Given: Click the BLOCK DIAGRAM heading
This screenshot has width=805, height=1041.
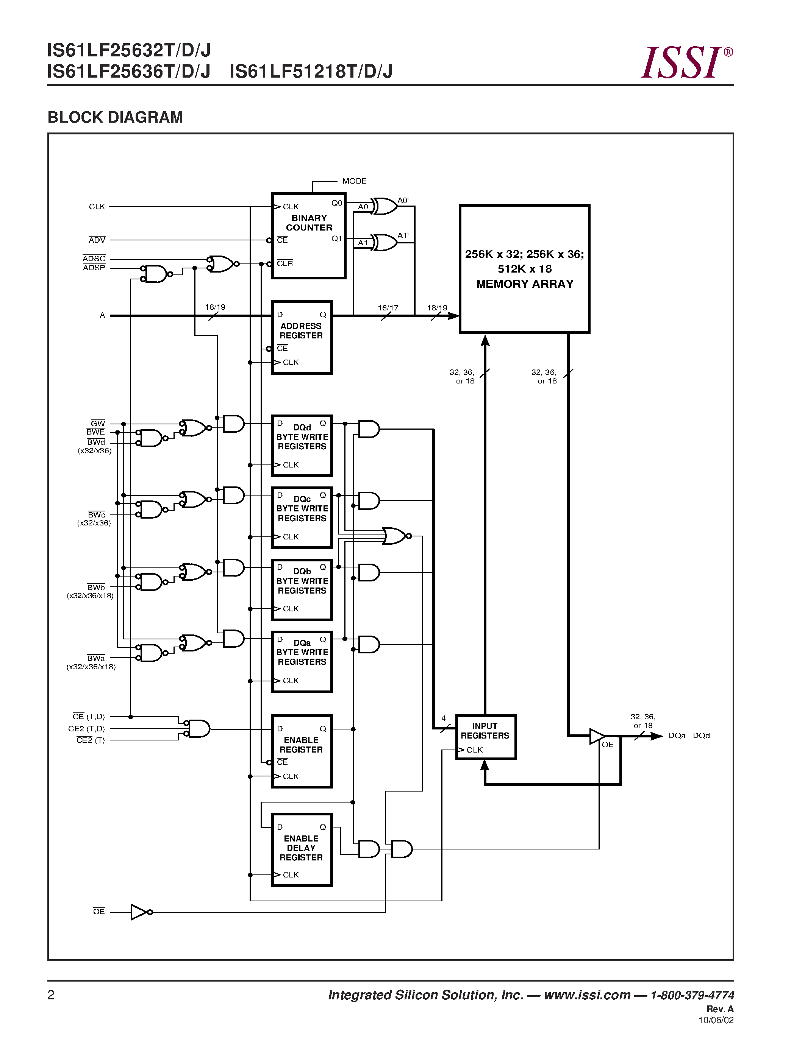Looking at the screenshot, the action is tap(116, 117).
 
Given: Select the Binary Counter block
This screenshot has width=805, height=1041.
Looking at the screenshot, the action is tap(308, 235).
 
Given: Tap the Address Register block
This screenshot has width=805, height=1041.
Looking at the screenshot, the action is tap(302, 337).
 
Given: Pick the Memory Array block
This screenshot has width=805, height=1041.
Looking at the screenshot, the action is tap(525, 269).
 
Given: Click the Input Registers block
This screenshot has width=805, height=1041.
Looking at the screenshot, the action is tap(486, 737).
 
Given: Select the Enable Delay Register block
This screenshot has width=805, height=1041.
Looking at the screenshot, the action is tap(302, 850).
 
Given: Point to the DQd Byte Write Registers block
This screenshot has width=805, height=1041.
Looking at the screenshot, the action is tap(302, 446).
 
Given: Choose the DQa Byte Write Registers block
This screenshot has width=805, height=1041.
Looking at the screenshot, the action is tap(302, 662).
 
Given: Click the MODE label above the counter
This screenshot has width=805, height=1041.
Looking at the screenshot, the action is tap(354, 181).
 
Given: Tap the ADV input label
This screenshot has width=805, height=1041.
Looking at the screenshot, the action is tap(97, 240).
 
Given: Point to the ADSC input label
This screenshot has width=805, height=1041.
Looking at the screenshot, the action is tap(94, 258).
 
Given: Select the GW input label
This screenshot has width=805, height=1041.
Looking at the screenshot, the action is tap(98, 423).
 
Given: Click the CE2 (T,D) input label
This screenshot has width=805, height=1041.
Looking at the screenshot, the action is tap(86, 729).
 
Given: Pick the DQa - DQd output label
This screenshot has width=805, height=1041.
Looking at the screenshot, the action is tap(689, 736).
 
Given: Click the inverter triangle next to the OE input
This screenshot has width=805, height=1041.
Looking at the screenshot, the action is tap(139, 912).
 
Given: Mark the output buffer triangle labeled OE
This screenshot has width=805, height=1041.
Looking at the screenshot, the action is tap(597, 736).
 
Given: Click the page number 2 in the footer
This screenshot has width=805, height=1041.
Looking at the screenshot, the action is tap(51, 995).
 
